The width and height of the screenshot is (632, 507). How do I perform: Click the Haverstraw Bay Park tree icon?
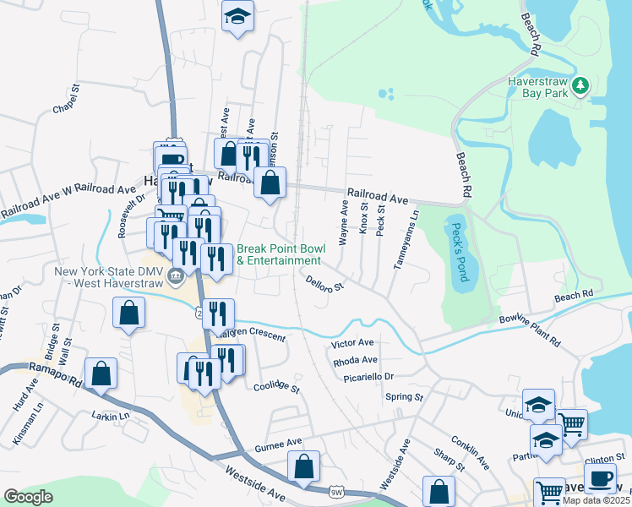[580, 85]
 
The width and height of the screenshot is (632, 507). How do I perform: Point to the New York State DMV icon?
[176, 275]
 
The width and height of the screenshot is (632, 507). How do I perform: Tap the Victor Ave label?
[353, 344]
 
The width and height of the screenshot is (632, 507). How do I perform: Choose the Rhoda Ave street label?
[355, 360]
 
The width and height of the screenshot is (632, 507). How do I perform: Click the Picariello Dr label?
[369, 376]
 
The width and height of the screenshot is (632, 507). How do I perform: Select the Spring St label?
[403, 396]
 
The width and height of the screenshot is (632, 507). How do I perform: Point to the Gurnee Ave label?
[278, 443]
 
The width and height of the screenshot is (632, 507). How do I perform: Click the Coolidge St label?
[277, 387]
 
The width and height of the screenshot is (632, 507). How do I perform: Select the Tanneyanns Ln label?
[406, 240]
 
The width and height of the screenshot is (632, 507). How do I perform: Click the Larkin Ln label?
[112, 416]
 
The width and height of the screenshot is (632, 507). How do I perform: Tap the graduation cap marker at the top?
[238, 15]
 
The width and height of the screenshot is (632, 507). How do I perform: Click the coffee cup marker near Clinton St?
[600, 478]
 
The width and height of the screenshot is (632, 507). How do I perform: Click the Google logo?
[29, 497]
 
